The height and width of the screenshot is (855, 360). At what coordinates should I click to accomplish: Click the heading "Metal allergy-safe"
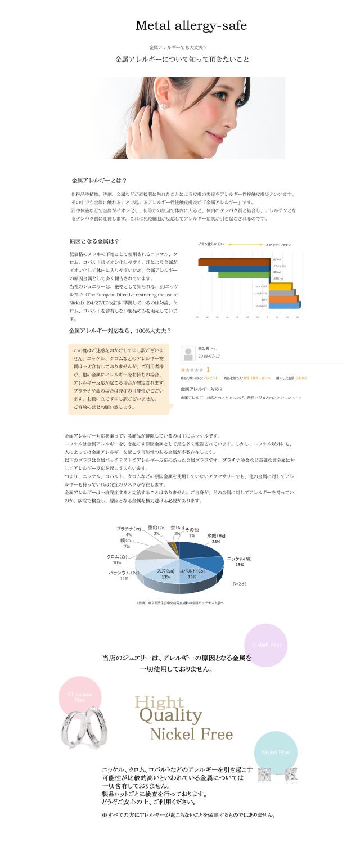[191, 26]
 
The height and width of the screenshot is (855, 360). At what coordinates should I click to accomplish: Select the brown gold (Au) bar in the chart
[233, 261]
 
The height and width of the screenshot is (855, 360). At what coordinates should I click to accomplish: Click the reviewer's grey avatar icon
[187, 353]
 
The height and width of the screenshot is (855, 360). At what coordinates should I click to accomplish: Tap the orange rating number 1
[208, 370]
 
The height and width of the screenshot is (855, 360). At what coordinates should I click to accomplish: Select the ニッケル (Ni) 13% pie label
[239, 561]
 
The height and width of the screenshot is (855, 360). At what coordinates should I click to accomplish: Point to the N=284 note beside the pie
[240, 583]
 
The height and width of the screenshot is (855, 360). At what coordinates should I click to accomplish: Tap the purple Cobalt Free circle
[265, 645]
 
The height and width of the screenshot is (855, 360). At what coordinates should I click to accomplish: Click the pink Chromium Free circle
[80, 697]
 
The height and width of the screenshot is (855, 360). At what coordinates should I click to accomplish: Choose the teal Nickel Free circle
[276, 752]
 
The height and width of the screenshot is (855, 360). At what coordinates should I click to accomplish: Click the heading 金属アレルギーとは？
[99, 181]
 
